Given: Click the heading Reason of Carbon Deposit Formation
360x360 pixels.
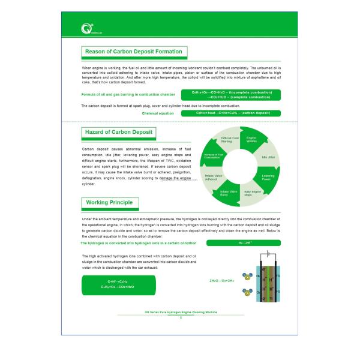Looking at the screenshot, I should (x=134, y=52).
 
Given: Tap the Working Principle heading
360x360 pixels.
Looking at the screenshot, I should (x=109, y=203).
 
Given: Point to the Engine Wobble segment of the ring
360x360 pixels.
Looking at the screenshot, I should (x=251, y=139).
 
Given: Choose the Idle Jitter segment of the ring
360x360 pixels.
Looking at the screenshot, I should (x=268, y=157).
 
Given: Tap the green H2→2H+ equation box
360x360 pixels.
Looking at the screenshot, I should (x=243, y=243).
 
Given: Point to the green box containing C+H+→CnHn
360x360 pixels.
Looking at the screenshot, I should (x=117, y=284).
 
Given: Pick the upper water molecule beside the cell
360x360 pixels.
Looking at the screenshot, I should (x=247, y=277).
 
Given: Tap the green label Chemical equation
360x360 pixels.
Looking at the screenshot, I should (x=158, y=113).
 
